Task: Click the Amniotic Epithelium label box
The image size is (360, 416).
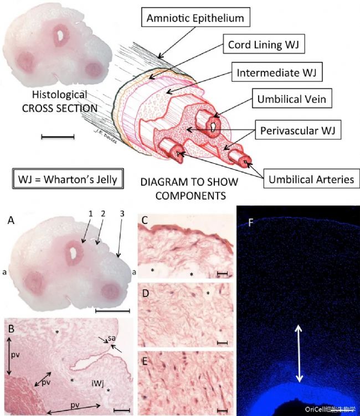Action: click(196, 17)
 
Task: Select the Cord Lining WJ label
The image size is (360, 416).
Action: click(264, 44)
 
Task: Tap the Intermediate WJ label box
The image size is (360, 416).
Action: click(277, 72)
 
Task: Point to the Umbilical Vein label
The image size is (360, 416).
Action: click(292, 98)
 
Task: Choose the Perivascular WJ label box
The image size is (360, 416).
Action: click(298, 130)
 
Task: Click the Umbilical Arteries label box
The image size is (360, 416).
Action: click(311, 179)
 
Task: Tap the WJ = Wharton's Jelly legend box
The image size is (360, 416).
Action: click(68, 179)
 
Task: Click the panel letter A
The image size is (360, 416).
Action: click(11, 220)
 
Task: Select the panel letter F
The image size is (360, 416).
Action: click(250, 223)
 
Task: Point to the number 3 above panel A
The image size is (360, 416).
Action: click(122, 214)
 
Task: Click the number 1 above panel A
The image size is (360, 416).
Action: click(91, 214)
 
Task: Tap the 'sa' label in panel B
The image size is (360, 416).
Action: click(111, 338)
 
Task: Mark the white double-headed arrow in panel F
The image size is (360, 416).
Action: click(299, 353)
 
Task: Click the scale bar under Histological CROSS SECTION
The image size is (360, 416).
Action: click(58, 137)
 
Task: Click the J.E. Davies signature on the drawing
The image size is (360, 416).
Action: click(105, 137)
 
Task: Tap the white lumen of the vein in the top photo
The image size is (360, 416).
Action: click(61, 34)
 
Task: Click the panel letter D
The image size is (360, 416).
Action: click(146, 294)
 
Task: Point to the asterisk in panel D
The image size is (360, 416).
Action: click(208, 293)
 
